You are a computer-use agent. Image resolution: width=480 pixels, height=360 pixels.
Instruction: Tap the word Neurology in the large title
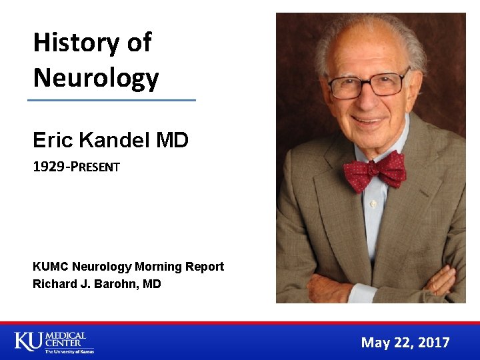point(96,77)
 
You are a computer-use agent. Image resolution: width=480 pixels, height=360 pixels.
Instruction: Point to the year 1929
point(47,167)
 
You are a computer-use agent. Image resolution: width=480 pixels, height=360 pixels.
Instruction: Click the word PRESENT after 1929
point(93,167)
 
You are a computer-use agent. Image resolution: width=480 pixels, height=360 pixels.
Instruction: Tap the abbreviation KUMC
point(51,267)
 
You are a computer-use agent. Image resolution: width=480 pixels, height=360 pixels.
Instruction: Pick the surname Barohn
point(116,284)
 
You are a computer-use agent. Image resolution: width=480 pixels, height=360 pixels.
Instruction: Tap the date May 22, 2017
point(405,343)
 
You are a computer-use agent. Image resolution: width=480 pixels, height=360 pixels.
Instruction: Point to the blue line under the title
point(111,100)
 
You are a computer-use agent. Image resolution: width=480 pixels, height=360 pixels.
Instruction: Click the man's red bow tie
point(375,170)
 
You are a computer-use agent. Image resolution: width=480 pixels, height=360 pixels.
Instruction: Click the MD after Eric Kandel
point(172,141)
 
